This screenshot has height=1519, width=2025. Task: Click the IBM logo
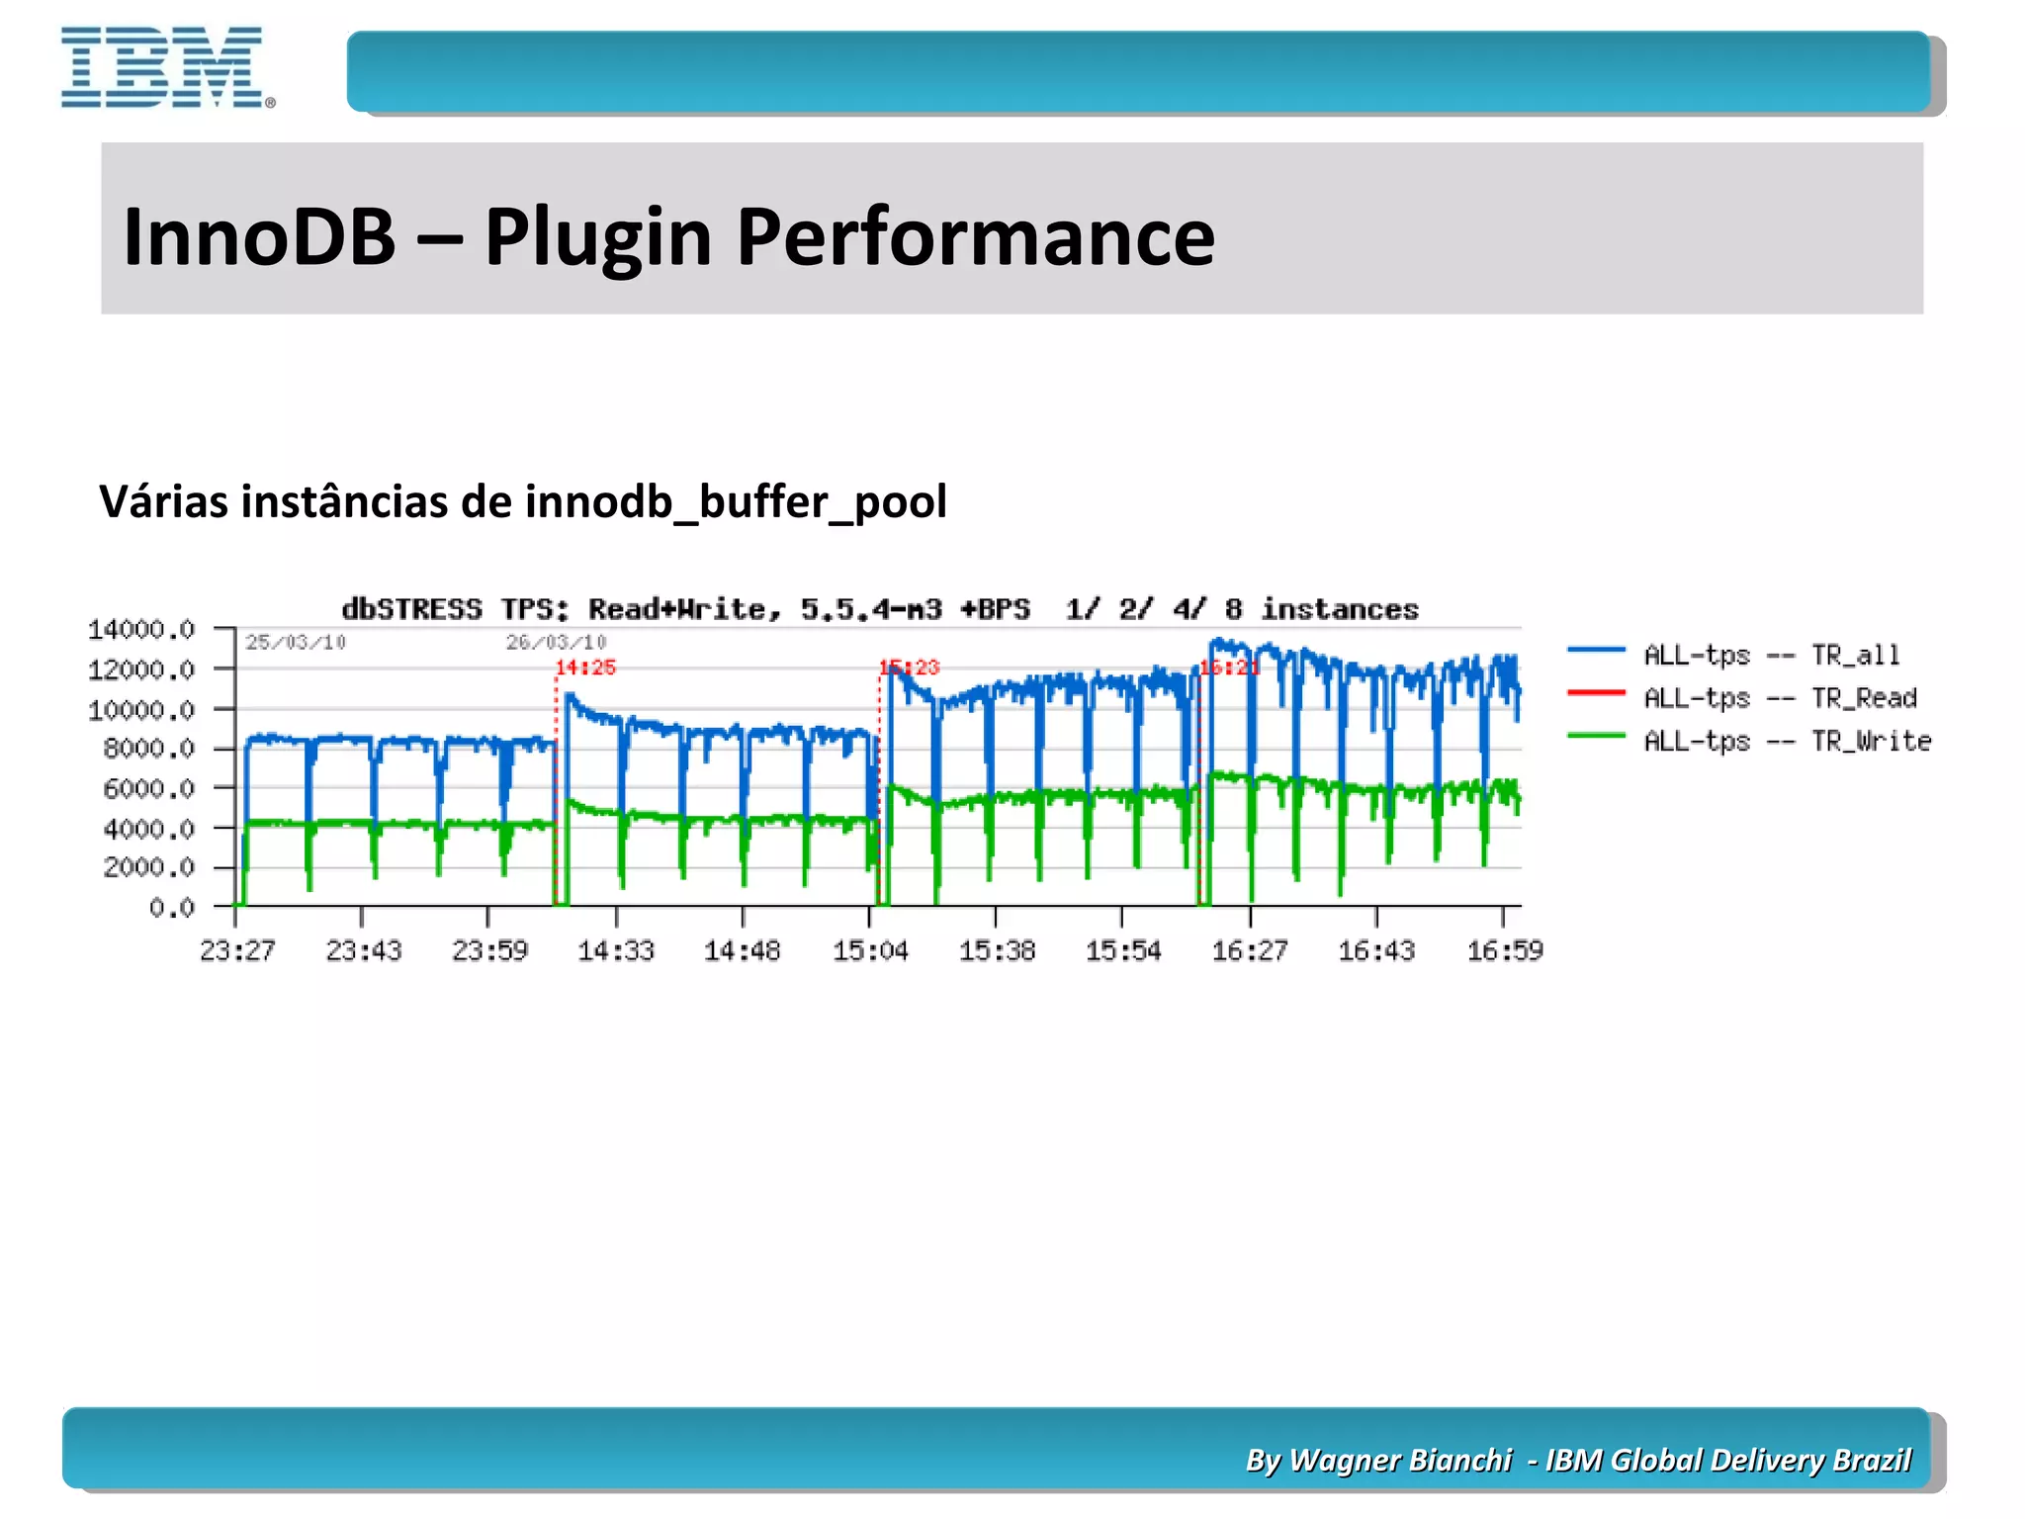(166, 67)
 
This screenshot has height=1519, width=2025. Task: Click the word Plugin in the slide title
(597, 237)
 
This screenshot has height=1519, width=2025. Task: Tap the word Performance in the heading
(975, 237)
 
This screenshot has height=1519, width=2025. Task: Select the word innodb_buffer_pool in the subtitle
(736, 502)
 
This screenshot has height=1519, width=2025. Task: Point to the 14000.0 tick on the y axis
(141, 630)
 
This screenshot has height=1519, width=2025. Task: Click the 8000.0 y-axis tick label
(148, 749)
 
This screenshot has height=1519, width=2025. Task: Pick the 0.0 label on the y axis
(171, 907)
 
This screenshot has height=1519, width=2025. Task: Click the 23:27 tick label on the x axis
(237, 951)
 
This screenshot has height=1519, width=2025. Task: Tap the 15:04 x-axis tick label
(870, 951)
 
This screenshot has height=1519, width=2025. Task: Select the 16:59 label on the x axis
(1504, 951)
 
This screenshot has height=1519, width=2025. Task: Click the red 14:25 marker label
(585, 668)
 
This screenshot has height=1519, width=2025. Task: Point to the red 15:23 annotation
(910, 668)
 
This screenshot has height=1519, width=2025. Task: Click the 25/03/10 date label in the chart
(296, 643)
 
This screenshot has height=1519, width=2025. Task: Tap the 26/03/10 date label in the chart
(556, 643)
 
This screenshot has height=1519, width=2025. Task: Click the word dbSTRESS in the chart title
(411, 609)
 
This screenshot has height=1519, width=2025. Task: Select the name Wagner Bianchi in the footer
(1400, 1461)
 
